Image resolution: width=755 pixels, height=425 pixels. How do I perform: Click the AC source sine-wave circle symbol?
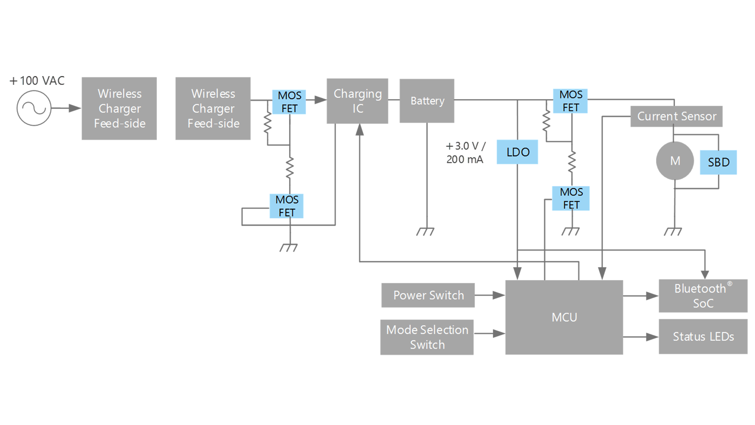click(x=34, y=108)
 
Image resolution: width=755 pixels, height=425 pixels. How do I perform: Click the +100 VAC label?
click(x=37, y=81)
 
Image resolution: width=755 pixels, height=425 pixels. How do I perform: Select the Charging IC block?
click(x=357, y=101)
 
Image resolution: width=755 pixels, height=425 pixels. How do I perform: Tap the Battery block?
click(x=427, y=101)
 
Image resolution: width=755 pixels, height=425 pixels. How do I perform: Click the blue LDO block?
click(x=517, y=152)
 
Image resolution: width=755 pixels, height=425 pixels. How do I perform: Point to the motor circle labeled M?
click(x=675, y=161)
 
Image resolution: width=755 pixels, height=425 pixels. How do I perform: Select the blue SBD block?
click(x=718, y=162)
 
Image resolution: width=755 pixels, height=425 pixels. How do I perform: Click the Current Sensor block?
click(x=676, y=116)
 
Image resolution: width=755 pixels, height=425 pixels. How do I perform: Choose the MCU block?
click(x=564, y=317)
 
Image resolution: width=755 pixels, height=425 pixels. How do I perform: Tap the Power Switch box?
click(x=428, y=295)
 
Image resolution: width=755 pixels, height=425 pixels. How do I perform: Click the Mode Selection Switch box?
click(x=427, y=337)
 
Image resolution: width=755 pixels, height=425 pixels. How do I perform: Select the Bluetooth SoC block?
click(x=703, y=296)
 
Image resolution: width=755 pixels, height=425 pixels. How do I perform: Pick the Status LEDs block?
click(x=703, y=336)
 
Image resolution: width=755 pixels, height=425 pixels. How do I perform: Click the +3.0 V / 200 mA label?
click(x=465, y=153)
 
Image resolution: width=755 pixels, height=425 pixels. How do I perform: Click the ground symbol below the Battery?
click(x=425, y=232)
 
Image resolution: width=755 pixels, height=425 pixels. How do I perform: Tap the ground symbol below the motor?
click(x=673, y=232)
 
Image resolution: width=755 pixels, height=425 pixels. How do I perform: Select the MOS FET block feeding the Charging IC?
click(x=289, y=102)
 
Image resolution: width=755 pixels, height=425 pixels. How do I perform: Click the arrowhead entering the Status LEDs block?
click(x=652, y=337)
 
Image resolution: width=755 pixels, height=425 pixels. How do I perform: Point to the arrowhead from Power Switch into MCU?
click(x=498, y=295)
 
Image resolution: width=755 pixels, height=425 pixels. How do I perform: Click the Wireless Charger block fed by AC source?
click(x=119, y=109)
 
